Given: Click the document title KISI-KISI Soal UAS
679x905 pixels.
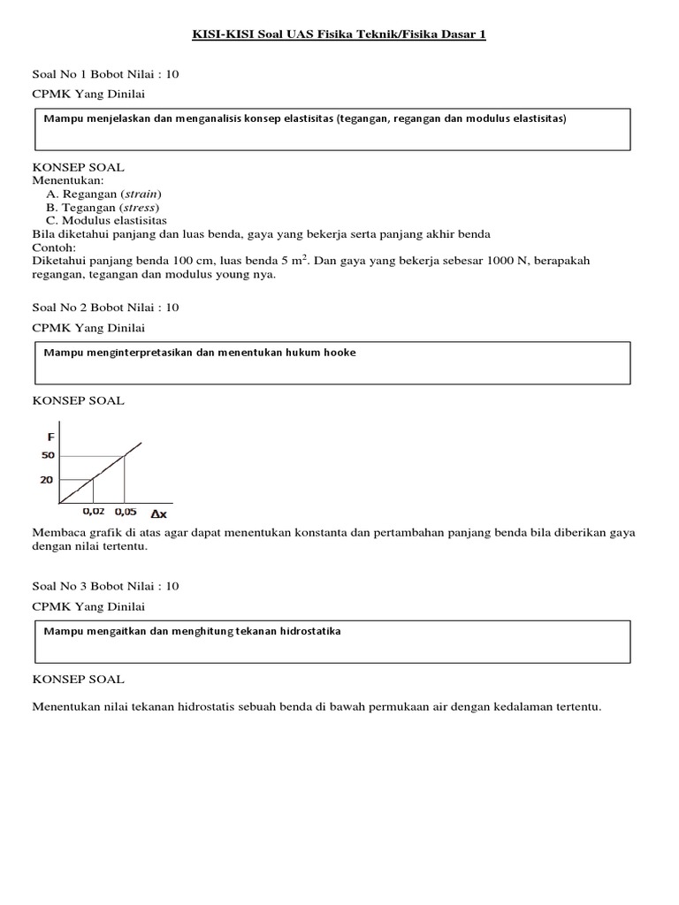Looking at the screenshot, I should [x=339, y=34].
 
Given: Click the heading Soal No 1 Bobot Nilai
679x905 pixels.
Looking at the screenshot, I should [x=105, y=74].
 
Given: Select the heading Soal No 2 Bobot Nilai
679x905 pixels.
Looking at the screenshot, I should [x=105, y=308].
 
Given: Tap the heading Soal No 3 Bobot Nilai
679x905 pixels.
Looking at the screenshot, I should [x=105, y=586].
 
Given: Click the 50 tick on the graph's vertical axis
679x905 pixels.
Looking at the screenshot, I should [x=48, y=455].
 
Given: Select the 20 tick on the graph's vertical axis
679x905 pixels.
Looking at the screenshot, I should [x=48, y=480].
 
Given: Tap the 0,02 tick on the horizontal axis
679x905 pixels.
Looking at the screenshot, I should [x=93, y=511].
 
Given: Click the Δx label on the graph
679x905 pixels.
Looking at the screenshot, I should [x=159, y=513].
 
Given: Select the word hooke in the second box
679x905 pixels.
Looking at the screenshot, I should [x=339, y=353].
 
